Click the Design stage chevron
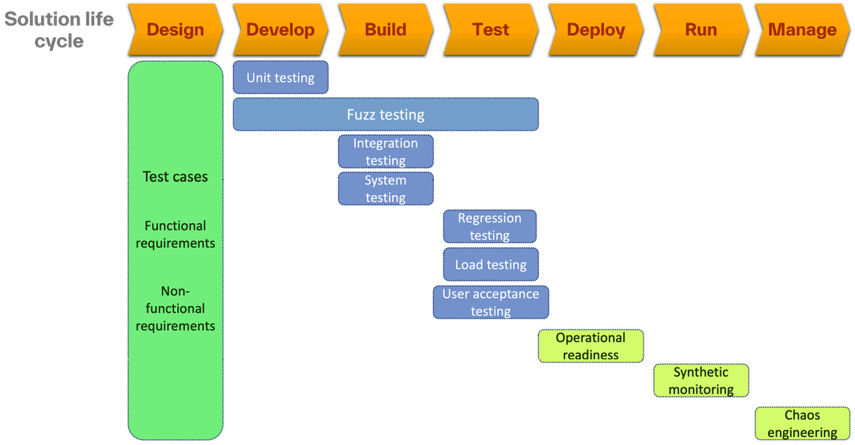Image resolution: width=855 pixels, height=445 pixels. [175, 30]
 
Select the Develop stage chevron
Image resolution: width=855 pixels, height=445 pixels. [280, 30]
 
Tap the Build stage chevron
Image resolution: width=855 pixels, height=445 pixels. [386, 30]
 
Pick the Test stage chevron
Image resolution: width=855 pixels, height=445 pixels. [491, 30]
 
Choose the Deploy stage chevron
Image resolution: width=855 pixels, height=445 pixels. [595, 30]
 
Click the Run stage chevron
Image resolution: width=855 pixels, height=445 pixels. [701, 30]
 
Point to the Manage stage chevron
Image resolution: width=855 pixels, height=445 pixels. [802, 30]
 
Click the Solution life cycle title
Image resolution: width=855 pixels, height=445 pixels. [59, 30]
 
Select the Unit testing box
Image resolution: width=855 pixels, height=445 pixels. [280, 78]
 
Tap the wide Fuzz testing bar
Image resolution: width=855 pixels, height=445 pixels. [386, 114]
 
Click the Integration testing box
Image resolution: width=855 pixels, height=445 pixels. [386, 151]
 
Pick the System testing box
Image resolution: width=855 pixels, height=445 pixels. [386, 189]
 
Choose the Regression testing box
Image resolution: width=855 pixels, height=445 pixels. [490, 226]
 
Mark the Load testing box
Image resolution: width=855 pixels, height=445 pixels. [491, 264]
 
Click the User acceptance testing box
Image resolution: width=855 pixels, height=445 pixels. [491, 302]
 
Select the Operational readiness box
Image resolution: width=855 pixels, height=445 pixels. [591, 346]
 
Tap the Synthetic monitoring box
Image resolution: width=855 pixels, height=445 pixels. [701, 381]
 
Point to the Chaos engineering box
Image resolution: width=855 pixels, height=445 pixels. [803, 424]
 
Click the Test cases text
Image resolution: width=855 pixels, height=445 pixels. [175, 177]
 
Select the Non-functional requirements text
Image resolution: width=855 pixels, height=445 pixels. [175, 308]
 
